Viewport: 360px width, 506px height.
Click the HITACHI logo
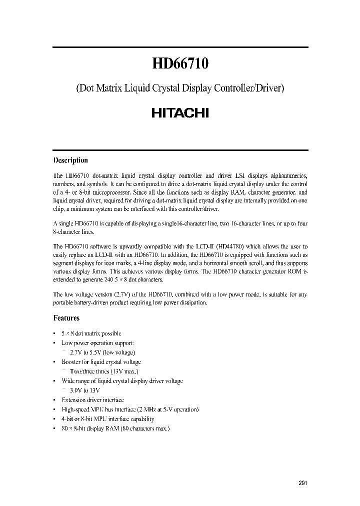click(x=180, y=113)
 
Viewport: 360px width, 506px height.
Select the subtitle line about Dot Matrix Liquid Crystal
click(x=180, y=88)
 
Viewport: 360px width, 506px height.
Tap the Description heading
click(x=70, y=160)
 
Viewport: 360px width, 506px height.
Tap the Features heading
click(x=66, y=317)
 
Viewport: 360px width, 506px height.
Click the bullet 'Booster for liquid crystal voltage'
click(x=101, y=362)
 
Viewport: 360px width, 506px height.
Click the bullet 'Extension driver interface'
click(x=92, y=400)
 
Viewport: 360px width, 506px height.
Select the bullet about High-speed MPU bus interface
click(x=130, y=409)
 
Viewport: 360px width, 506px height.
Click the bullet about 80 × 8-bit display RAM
click(x=115, y=428)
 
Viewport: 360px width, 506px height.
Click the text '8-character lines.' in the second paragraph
click(x=75, y=232)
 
